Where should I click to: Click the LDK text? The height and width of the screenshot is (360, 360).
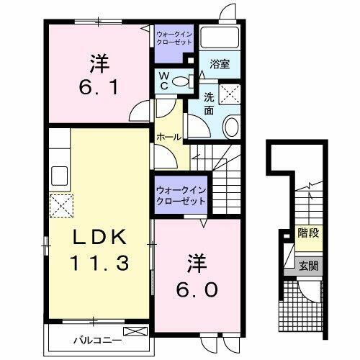click(100, 237)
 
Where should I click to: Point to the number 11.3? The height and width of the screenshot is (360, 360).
click(100, 264)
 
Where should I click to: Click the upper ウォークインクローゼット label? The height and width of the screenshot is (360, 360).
click(173, 37)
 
